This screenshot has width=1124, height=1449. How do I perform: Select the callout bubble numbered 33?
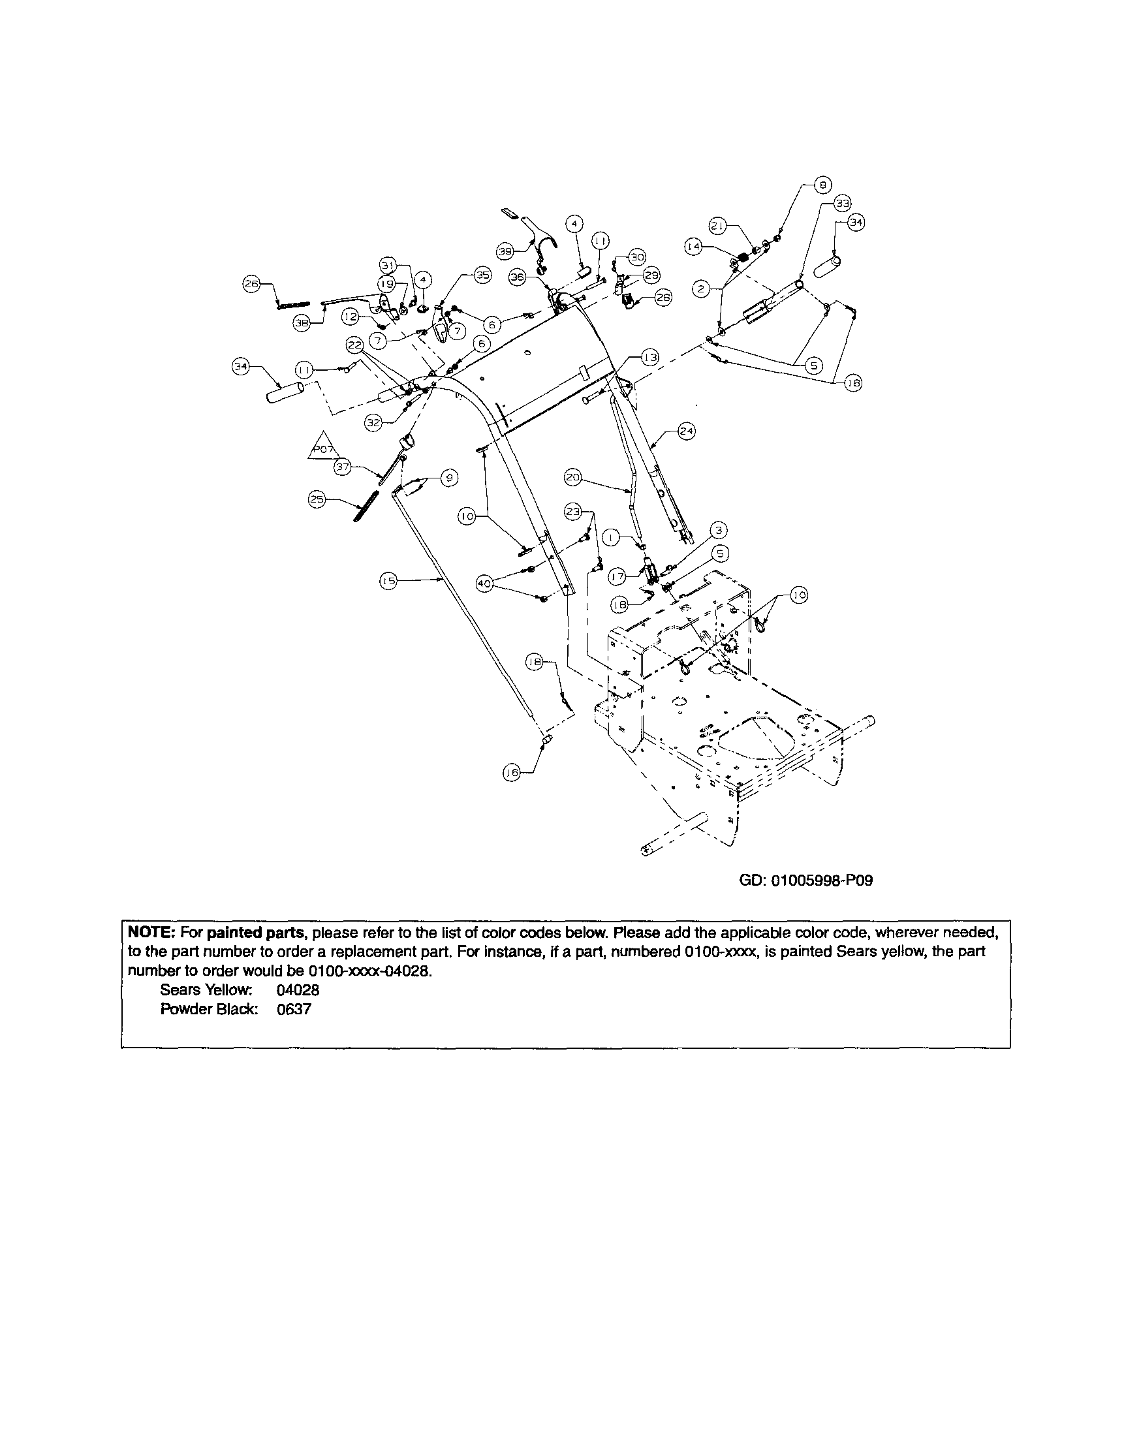coord(842,203)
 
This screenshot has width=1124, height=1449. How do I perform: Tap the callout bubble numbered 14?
coord(693,247)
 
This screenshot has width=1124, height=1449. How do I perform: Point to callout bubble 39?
coord(505,251)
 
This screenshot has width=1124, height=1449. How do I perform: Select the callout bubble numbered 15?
coord(388,581)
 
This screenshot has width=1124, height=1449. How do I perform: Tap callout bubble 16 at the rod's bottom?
coord(511,772)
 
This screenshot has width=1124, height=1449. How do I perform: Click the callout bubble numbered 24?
coord(686,431)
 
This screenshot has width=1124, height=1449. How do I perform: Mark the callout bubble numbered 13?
coord(649,358)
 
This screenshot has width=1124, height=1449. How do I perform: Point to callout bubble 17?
coord(617,577)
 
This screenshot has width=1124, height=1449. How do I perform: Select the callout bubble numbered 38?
coord(302,323)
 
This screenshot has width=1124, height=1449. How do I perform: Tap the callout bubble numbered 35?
coord(482,275)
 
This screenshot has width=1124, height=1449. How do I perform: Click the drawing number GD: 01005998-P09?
coord(805,880)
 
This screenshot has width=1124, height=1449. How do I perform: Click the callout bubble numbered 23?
coord(573,512)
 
